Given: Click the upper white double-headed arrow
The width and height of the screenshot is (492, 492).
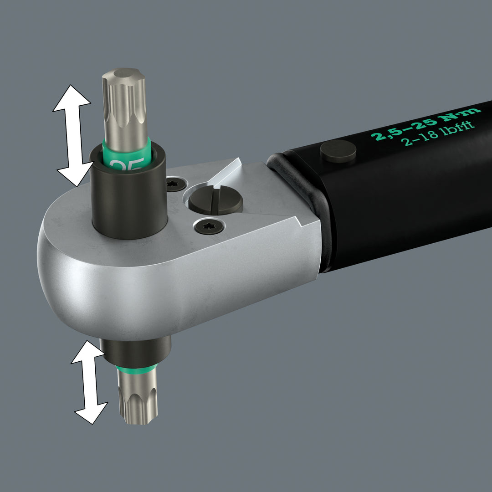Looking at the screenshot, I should [x=72, y=135].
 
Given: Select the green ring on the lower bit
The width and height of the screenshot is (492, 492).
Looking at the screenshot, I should [x=137, y=368].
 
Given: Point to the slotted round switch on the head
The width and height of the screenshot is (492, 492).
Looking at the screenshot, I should [x=215, y=200].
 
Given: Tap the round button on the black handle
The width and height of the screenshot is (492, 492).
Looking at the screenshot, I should [x=338, y=151].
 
